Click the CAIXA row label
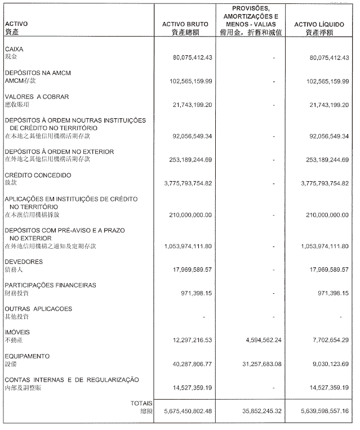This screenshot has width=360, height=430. (x=14, y=50)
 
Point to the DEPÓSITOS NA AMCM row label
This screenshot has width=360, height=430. (x=38, y=73)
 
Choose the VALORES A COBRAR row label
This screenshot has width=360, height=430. (x=37, y=97)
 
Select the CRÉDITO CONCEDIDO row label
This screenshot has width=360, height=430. (x=38, y=176)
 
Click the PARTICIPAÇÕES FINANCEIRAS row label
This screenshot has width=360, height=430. (x=51, y=285)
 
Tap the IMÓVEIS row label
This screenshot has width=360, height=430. (x=17, y=333)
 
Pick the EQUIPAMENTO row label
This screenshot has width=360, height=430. (x=27, y=356)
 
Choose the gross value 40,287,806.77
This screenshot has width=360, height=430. (x=189, y=364)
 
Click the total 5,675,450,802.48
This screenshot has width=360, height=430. (x=184, y=411)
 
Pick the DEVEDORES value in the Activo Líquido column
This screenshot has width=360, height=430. (x=325, y=270)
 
